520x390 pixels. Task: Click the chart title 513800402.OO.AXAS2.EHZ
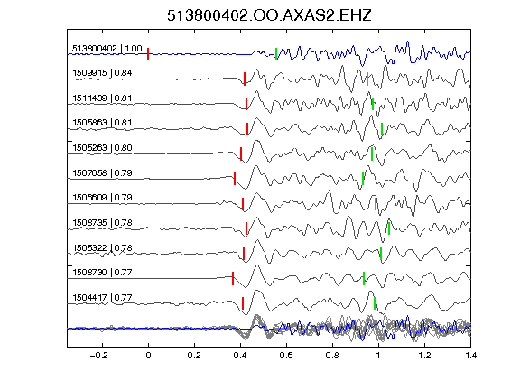pyautogui.click(x=269, y=15)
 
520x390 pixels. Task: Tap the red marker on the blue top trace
pyautogui.click(x=148, y=54)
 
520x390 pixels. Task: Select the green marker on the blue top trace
pyautogui.click(x=276, y=54)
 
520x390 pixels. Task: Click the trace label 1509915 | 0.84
pyautogui.click(x=102, y=73)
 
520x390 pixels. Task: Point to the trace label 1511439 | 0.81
pyautogui.click(x=102, y=98)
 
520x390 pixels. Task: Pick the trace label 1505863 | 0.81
pyautogui.click(x=102, y=123)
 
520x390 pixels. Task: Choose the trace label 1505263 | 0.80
pyautogui.click(x=102, y=147)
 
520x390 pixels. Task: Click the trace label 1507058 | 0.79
pyautogui.click(x=102, y=172)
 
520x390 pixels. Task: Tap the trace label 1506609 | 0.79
pyautogui.click(x=102, y=198)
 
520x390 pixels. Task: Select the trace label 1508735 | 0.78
pyautogui.click(x=102, y=222)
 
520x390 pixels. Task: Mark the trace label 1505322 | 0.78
pyautogui.click(x=102, y=247)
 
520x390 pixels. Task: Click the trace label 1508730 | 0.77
pyautogui.click(x=102, y=273)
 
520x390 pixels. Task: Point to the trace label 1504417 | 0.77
pyautogui.click(x=102, y=298)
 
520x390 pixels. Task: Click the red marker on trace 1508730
pyautogui.click(x=233, y=279)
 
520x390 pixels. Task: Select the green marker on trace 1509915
pyautogui.click(x=367, y=79)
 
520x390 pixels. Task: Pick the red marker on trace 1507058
pyautogui.click(x=235, y=179)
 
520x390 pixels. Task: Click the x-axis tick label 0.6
pyautogui.click(x=286, y=356)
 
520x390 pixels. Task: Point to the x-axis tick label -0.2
pyautogui.click(x=98, y=356)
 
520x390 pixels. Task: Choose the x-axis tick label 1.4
pyautogui.click(x=470, y=356)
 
